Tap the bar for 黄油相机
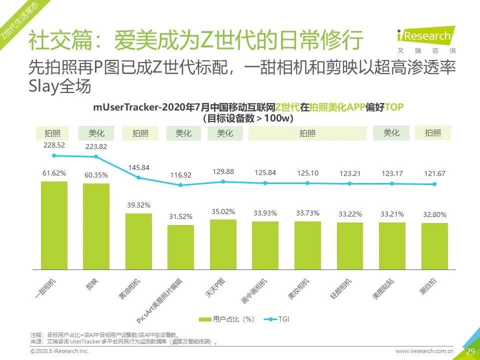(x=138, y=242)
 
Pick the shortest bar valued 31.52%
(x=180, y=247)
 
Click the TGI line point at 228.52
(x=54, y=155)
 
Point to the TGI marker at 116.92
(x=180, y=185)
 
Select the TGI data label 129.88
(x=223, y=171)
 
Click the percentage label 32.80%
(x=434, y=214)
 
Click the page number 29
(x=470, y=351)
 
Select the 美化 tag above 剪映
(x=96, y=133)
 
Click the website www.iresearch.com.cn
(x=424, y=351)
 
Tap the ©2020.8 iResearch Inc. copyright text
(x=59, y=351)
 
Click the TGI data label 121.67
(x=434, y=173)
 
